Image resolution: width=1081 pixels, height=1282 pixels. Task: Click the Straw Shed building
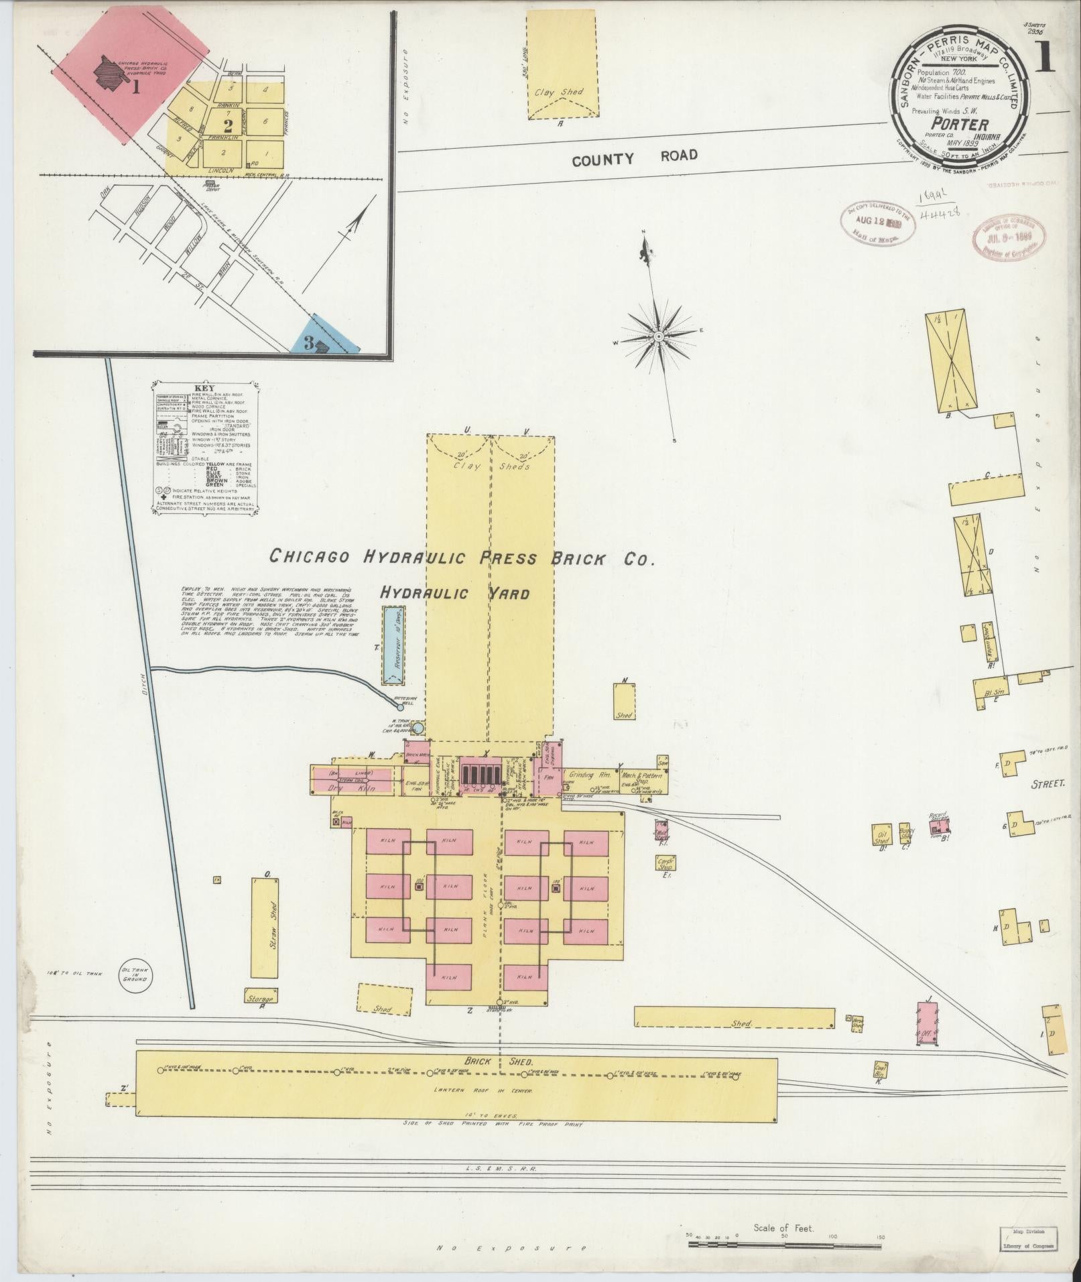point(265,927)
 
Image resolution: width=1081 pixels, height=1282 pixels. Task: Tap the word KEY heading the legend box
point(204,389)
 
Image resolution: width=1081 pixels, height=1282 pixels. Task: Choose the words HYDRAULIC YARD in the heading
point(454,593)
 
